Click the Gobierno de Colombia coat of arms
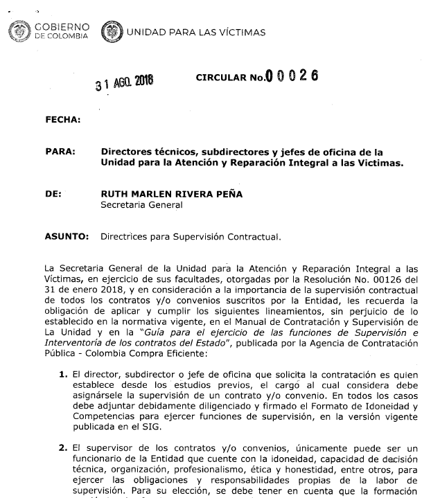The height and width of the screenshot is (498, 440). [16, 31]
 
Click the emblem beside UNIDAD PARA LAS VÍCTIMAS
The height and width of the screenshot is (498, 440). [111, 32]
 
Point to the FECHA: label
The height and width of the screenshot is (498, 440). [63, 120]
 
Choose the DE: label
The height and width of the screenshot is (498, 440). [54, 194]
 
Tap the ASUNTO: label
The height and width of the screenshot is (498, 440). [67, 236]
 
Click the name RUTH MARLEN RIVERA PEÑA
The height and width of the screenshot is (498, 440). [172, 194]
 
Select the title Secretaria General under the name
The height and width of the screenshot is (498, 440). [141, 204]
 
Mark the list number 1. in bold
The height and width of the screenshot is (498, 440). [63, 375]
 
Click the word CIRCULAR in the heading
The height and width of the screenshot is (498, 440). [221, 78]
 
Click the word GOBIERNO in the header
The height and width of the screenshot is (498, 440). [60, 27]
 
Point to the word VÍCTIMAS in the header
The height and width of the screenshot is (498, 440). [240, 33]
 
